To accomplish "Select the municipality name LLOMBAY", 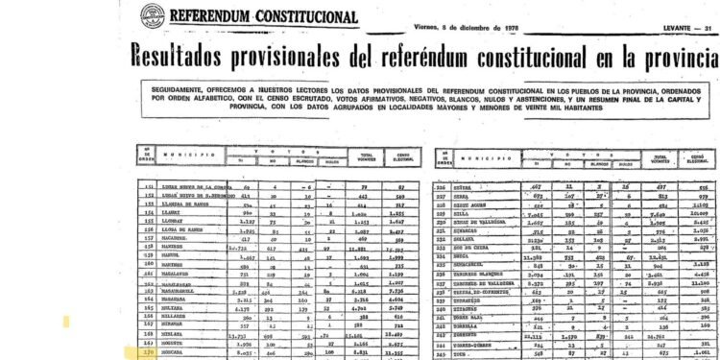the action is [181, 219].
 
